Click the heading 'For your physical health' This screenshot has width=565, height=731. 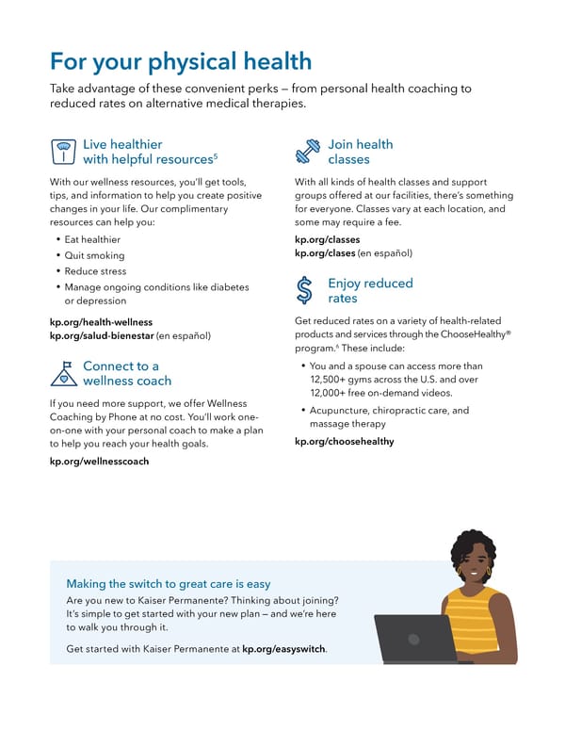click(x=180, y=62)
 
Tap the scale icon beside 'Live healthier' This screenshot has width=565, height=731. click(x=63, y=153)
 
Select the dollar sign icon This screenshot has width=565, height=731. click(x=305, y=290)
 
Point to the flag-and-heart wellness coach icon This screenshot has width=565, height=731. click(x=63, y=374)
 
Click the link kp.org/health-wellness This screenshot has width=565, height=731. click(x=101, y=322)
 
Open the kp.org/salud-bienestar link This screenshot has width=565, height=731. click(x=102, y=335)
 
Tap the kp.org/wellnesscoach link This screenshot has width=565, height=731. click(x=99, y=462)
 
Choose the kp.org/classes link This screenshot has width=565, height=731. click(x=327, y=239)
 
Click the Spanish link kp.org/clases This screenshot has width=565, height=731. click(x=325, y=252)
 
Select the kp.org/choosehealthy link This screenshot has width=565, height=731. click(x=344, y=441)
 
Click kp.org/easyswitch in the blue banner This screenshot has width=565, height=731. click(x=283, y=649)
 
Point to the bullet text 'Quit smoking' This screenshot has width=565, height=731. click(x=94, y=255)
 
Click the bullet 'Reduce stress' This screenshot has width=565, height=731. click(x=96, y=271)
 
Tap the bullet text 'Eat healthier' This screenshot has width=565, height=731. click(x=93, y=239)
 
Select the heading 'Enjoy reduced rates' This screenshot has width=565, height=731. click(x=370, y=290)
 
